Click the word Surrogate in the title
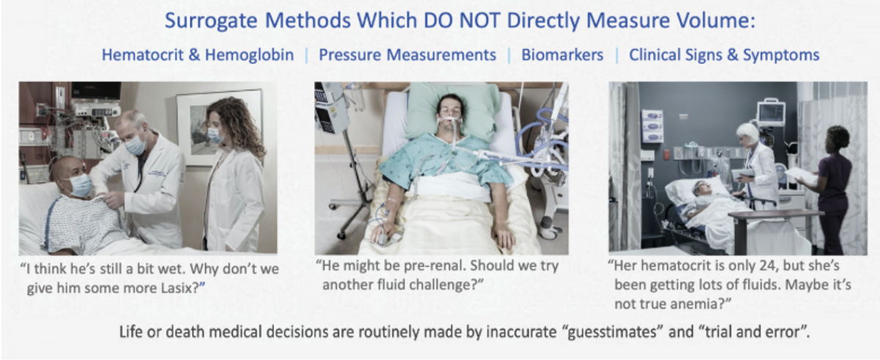[x=210, y=21]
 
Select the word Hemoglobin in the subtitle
[x=249, y=55]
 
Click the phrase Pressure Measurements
[x=408, y=55]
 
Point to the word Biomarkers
[x=562, y=55]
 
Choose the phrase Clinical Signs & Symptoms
[x=724, y=55]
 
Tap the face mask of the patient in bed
[x=80, y=185]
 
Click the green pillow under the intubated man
[x=452, y=111]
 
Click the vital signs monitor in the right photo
[x=771, y=113]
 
